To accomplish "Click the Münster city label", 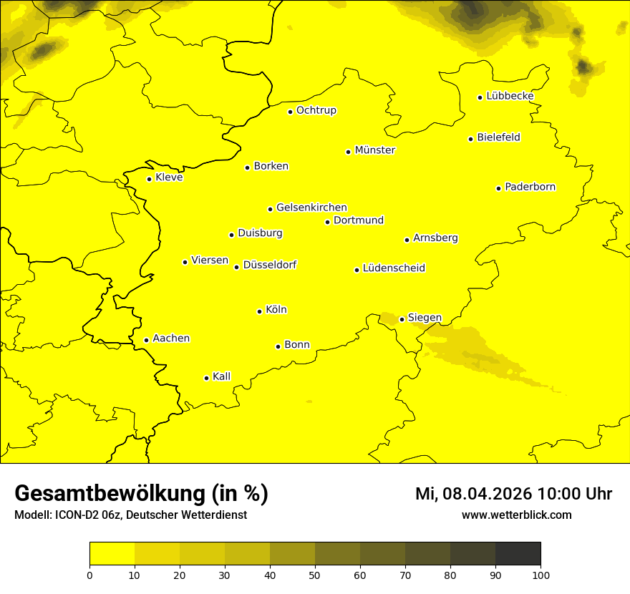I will pos(374,150).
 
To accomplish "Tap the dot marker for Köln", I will pos(260,311).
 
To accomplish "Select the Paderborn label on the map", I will pos(530,187).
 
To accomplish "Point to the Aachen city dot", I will pos(147,340).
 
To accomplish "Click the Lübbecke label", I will pos(510,96).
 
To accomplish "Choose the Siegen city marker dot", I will pos(402,319).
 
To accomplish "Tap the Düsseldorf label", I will pos(269,265).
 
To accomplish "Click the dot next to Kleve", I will pos(150,179).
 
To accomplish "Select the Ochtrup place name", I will pos(316,110).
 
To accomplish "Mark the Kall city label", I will pos(221,376).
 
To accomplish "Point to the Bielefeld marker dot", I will pos(471,139).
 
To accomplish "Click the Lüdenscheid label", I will pos(394,268).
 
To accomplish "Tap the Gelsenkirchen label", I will pos(311,208).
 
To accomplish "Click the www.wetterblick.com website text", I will pos(516,515).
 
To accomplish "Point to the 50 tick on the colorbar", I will pos(315,575).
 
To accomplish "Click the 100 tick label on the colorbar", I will pos(541,575).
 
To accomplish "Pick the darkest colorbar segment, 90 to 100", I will pos(518,554).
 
